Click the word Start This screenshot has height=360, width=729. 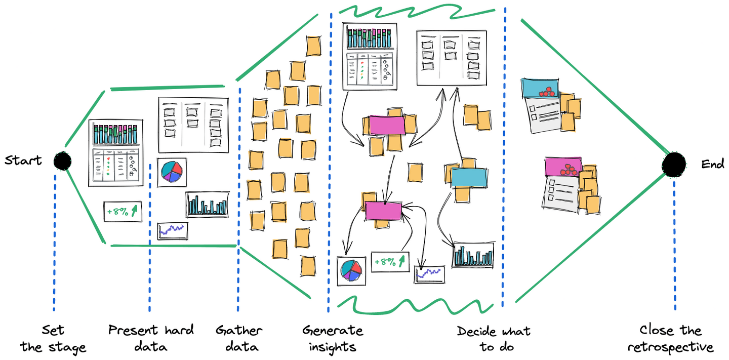point(23,161)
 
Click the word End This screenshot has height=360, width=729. point(712,164)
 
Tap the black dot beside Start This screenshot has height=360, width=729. point(62,161)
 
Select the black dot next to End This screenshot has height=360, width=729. point(674,165)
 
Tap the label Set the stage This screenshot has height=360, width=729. point(53,339)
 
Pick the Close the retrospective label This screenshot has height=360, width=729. point(670,339)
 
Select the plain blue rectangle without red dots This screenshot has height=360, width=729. point(469,177)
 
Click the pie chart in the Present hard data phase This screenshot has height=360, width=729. point(172,172)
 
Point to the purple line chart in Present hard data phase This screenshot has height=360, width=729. point(173,230)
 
